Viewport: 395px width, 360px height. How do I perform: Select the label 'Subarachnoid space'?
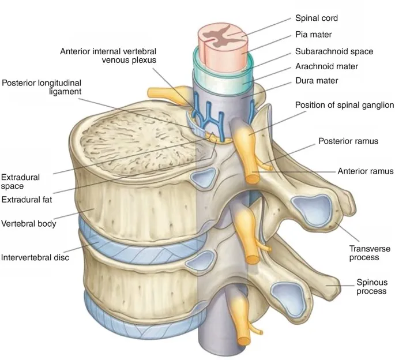[x=334, y=51]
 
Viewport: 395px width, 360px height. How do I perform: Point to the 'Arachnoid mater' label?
[x=326, y=66]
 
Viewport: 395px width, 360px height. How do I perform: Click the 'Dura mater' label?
[x=317, y=81]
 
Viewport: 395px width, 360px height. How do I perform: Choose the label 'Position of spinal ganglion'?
[x=344, y=106]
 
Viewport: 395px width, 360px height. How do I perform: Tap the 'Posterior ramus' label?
[x=349, y=141]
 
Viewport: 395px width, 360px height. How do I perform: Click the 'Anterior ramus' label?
[x=365, y=171]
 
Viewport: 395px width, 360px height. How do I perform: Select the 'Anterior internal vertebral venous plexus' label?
[x=108, y=55]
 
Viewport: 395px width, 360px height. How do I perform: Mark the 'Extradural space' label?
[x=20, y=181]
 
